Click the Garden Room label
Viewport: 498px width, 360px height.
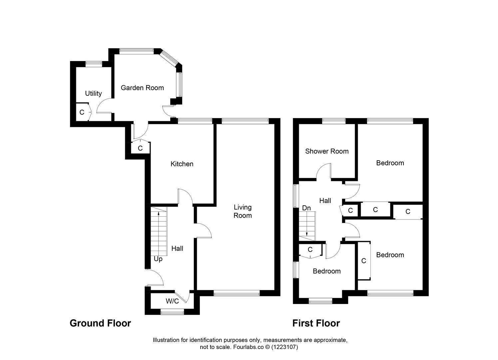pos(142,88)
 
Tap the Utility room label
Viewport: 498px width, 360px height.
pos(93,93)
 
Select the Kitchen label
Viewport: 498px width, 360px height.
pos(182,164)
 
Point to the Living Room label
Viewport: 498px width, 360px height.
pos(243,211)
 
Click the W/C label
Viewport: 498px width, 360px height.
pos(172,301)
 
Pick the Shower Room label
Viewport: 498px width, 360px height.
pos(327,151)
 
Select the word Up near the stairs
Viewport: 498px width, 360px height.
pos(158,259)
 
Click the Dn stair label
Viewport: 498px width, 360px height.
pos(306,208)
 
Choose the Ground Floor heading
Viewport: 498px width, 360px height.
pos(100,323)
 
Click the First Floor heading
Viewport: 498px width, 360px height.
pos(316,323)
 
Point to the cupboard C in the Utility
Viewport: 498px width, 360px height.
pos(82,112)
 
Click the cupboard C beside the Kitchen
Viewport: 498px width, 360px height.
pos(140,148)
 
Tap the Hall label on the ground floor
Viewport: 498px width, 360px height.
pos(177,248)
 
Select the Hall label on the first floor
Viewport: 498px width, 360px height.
pos(325,200)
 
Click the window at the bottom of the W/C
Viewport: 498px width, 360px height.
pos(172,312)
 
